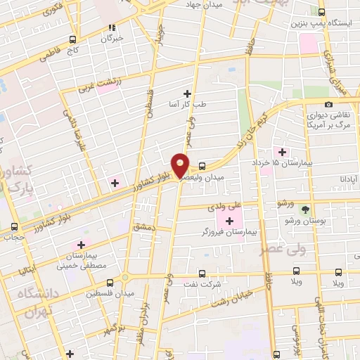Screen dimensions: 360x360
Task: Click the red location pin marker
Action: pyautogui.click(x=181, y=164)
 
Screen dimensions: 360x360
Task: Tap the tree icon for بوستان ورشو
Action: pyautogui.click(x=304, y=209)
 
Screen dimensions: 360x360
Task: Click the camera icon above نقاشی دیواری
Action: pyautogui.click(x=328, y=104)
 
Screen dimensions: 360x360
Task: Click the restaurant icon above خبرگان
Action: pyautogui.click(x=111, y=28)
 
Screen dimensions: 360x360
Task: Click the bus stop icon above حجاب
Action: pyautogui.click(x=15, y=226)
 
